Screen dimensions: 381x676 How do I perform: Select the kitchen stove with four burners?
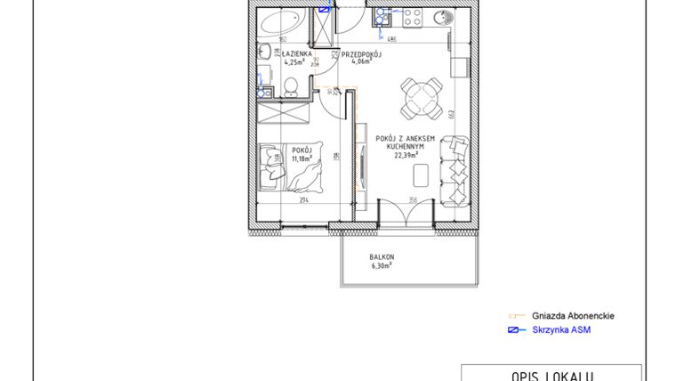pyautogui.click(x=412, y=15)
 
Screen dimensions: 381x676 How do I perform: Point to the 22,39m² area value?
pyautogui.click(x=405, y=152)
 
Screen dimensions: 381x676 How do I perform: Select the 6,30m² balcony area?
pyautogui.click(x=382, y=264)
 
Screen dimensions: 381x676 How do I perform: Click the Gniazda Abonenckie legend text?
pyautogui.click(x=573, y=316)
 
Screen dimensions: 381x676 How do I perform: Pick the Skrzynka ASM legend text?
pyautogui.click(x=561, y=330)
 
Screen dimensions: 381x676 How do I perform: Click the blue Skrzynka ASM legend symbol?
pyautogui.click(x=513, y=330)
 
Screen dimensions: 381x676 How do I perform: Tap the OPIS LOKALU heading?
pyautogui.click(x=551, y=376)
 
